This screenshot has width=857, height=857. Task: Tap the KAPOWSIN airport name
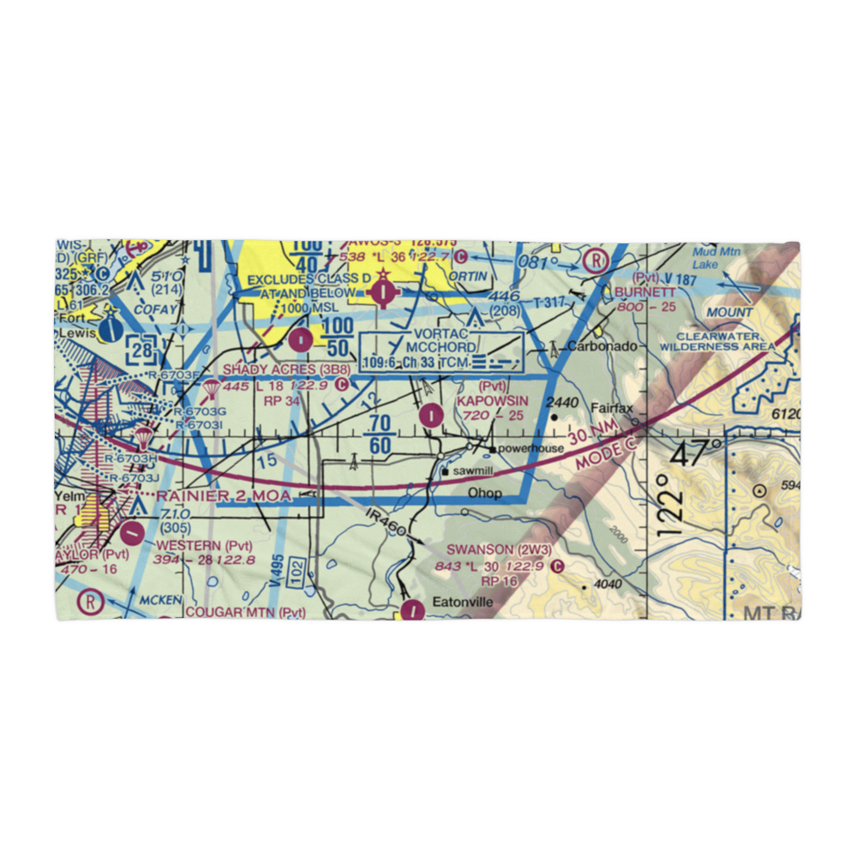pos(492,401)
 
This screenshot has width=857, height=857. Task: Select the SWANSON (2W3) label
pos(492,549)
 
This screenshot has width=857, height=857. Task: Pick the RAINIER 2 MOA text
pos(223,496)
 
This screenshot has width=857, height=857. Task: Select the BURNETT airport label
pos(645,292)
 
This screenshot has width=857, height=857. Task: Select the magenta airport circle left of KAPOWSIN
pos(431,416)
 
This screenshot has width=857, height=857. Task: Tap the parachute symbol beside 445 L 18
pos(210,391)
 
